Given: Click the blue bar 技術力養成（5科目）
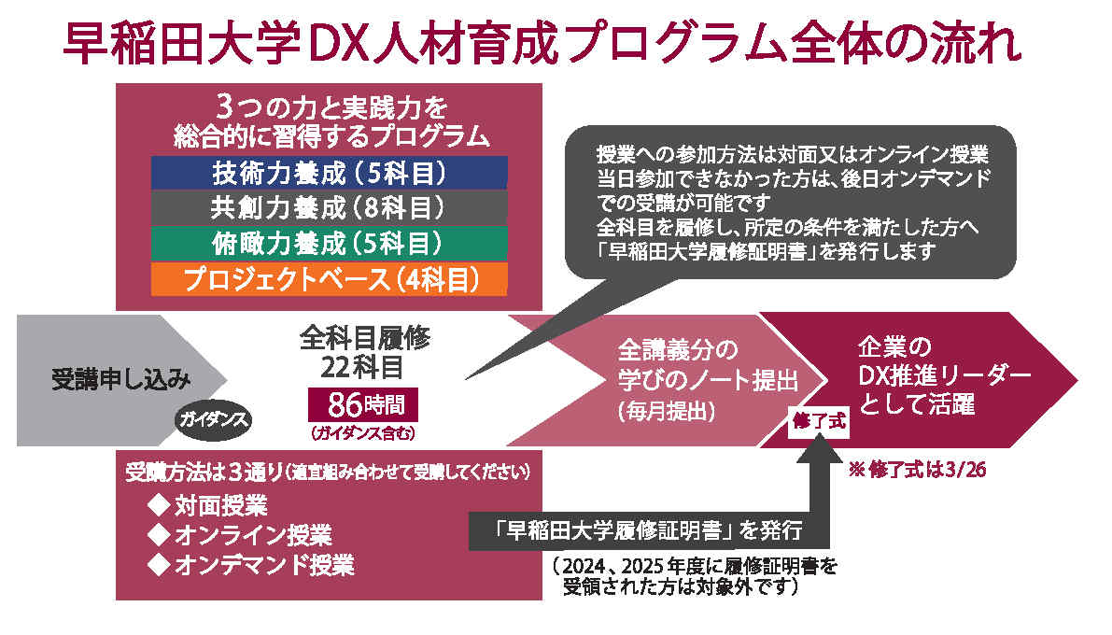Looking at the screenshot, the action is (x=329, y=173).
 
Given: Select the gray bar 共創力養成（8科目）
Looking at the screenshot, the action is (x=329, y=207).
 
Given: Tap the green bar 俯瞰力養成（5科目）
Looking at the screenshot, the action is (x=329, y=244).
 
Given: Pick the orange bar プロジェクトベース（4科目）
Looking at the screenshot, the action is (x=329, y=279).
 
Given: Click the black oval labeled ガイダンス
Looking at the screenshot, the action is (x=214, y=419).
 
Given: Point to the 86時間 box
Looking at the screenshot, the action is (x=363, y=405).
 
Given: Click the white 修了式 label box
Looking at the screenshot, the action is (x=819, y=421).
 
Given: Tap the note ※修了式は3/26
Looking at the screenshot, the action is (x=917, y=469).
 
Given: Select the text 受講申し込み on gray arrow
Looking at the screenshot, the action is (x=121, y=379).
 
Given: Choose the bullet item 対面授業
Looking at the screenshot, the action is (x=207, y=505).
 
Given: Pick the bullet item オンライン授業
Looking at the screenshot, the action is (x=239, y=535).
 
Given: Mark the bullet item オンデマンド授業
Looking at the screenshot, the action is (x=250, y=565).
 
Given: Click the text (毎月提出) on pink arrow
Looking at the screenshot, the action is (x=666, y=411).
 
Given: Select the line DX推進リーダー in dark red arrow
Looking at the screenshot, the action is (x=944, y=375).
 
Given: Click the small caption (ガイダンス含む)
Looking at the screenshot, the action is (x=362, y=432).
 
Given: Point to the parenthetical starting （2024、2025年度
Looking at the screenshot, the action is (x=695, y=576).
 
